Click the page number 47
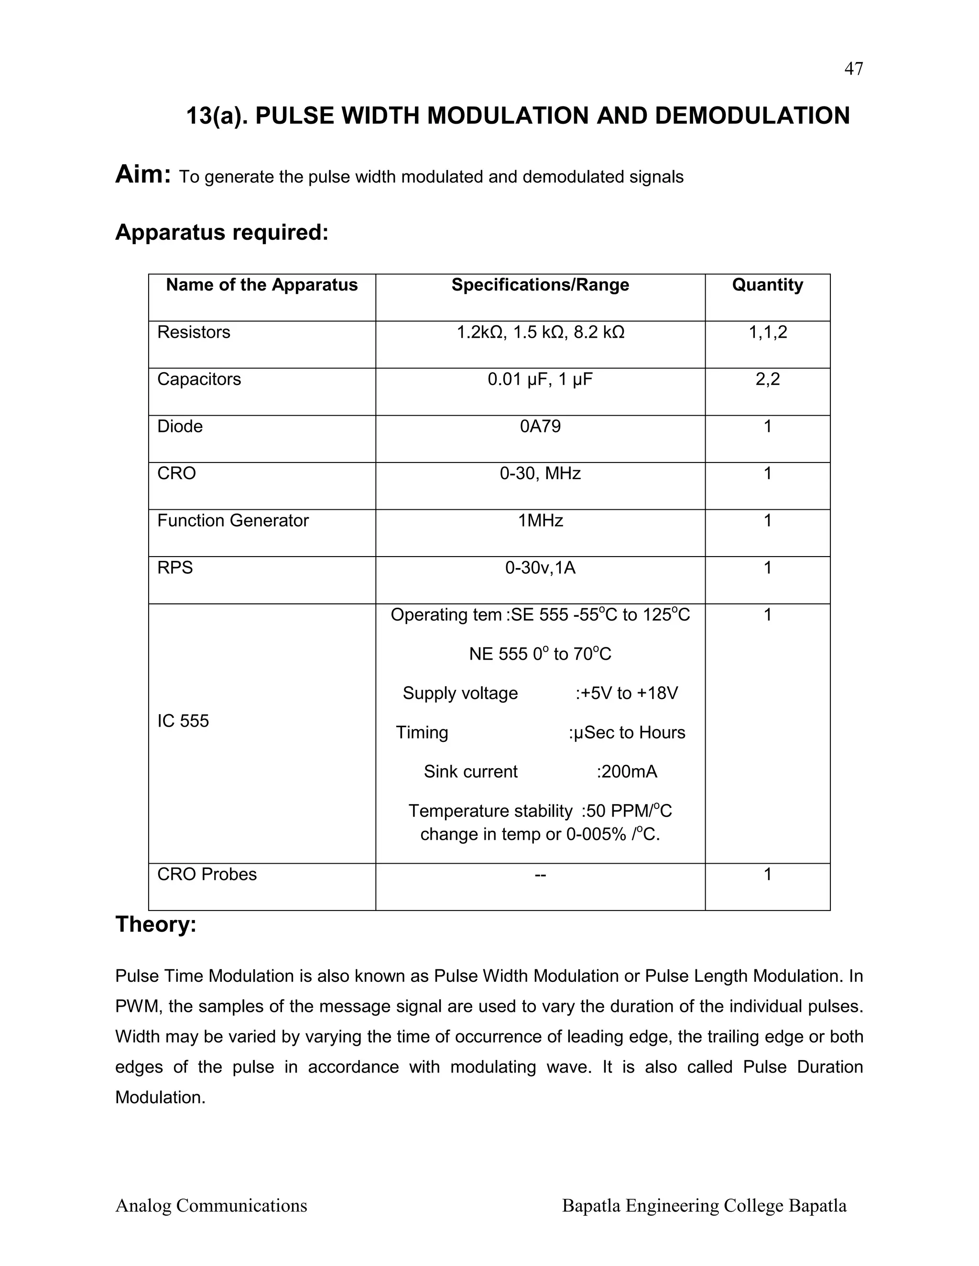(853, 69)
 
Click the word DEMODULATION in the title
(752, 116)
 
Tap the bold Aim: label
(142, 174)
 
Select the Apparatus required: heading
(221, 233)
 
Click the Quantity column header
(767, 285)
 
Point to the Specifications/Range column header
(540, 285)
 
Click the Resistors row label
(194, 332)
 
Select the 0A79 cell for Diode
(540, 426)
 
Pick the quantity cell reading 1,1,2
(767, 332)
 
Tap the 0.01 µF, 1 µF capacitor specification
(540, 379)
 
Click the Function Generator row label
(233, 521)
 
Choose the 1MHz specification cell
(540, 521)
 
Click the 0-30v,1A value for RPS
(540, 568)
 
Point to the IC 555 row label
(183, 720)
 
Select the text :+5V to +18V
(626, 693)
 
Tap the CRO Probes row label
(207, 874)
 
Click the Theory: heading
(155, 924)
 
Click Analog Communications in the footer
(211, 1206)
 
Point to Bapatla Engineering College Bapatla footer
(704, 1206)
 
